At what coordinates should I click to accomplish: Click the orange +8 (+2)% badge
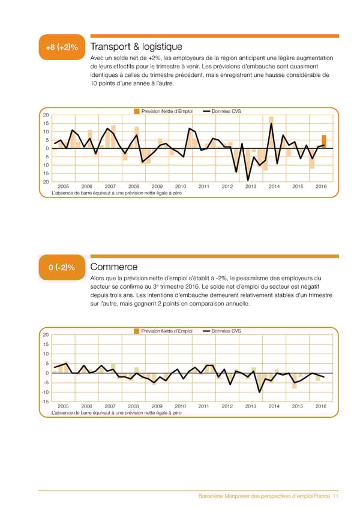[62, 47]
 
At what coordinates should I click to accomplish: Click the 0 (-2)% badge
[62, 267]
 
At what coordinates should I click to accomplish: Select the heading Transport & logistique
[136, 47]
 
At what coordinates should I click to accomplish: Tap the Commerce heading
[113, 267]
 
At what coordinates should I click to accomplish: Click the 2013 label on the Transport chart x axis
[251, 187]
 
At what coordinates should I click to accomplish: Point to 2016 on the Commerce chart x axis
[321, 406]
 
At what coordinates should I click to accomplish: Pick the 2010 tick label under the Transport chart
[181, 187]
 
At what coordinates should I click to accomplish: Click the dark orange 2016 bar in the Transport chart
[324, 142]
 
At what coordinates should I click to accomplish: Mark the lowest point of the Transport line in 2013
[248, 179]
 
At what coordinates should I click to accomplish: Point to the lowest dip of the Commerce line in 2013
[259, 392]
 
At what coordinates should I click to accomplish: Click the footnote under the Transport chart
[117, 193]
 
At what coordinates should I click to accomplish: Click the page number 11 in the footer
[335, 496]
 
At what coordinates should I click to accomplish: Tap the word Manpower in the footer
[243, 496]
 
